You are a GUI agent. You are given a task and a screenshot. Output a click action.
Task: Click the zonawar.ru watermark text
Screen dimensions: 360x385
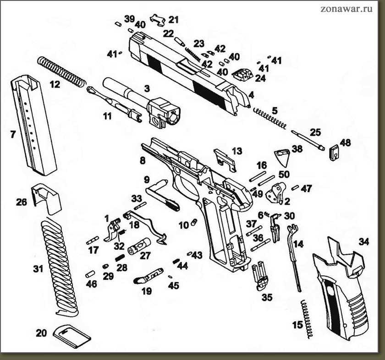click(x=346, y=9)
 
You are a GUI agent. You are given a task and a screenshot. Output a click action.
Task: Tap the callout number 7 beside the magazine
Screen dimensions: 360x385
click(x=12, y=135)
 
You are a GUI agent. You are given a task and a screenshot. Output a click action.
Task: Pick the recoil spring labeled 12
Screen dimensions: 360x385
click(x=62, y=71)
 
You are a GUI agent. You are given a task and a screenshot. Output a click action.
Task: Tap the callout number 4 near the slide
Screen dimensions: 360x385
click(x=251, y=95)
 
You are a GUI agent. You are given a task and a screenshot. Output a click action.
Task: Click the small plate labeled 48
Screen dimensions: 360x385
click(x=335, y=152)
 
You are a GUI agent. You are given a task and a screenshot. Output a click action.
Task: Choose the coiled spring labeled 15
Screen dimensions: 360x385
click(x=308, y=319)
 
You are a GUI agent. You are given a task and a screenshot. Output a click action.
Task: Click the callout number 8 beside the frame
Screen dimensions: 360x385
click(x=143, y=161)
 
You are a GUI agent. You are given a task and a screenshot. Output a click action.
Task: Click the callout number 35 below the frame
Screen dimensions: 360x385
click(x=267, y=298)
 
